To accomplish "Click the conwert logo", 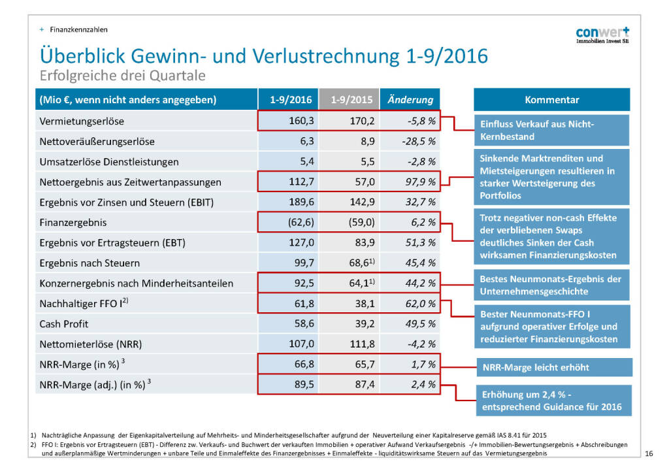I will tap(602, 35).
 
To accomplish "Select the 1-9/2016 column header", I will tap(291, 100).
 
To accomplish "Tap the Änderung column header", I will tap(410, 100).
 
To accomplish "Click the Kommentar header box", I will tap(551, 100).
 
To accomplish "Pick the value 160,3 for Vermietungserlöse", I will tap(301, 121).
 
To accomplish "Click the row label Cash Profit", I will tap(64, 324).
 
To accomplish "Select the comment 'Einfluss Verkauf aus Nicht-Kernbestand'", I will tap(551, 130).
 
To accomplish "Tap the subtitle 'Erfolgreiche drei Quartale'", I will tap(122, 76).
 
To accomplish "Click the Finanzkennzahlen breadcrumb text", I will tap(78, 29).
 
